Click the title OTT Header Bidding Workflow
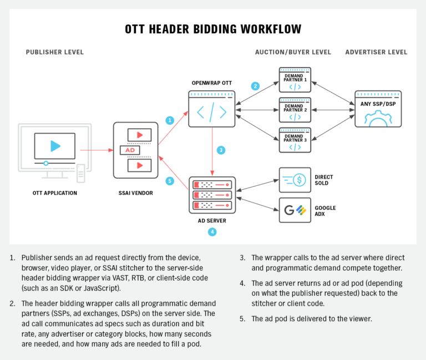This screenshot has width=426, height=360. click(212, 29)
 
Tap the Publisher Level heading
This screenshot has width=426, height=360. click(55, 52)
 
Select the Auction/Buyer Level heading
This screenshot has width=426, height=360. click(293, 52)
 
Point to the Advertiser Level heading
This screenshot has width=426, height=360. click(376, 52)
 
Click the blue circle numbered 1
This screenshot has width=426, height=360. click(170, 120)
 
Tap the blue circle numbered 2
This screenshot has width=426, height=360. click(255, 86)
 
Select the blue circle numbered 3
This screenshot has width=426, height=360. click(221, 150)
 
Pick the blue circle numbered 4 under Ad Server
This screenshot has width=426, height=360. click(212, 232)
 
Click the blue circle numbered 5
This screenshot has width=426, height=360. click(170, 180)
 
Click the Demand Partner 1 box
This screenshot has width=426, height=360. click(295, 80)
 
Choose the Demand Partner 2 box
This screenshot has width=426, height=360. click(295, 110)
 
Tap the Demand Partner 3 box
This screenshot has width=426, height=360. click(295, 140)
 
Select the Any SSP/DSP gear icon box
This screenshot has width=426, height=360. click(378, 109)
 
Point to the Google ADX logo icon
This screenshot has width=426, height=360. click(295, 210)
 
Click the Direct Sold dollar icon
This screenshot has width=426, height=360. click(295, 180)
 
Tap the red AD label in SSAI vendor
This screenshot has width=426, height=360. click(130, 150)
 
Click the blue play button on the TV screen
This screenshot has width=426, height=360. click(55, 146)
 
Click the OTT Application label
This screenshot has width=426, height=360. click(54, 193)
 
